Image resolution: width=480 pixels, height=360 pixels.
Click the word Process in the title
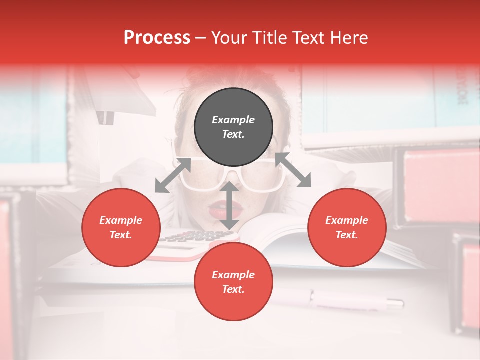[x=157, y=38]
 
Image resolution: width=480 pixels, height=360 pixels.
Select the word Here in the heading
[x=348, y=38]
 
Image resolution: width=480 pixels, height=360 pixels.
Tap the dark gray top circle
[x=233, y=127]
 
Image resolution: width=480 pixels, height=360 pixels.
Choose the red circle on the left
[x=121, y=228]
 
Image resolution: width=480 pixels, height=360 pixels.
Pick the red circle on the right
[x=347, y=228]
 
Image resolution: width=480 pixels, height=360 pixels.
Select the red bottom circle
[x=233, y=282]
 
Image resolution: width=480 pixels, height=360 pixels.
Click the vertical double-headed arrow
[x=229, y=205]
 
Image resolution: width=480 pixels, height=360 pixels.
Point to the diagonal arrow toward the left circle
[x=173, y=175]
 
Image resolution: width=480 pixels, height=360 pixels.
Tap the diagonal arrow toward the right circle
[x=293, y=170]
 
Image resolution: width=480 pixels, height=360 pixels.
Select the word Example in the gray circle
[x=233, y=120]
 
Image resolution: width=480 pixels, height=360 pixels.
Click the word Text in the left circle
[x=120, y=235]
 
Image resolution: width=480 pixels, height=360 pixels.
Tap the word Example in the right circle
[x=347, y=220]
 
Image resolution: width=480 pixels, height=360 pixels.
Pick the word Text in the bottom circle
[x=233, y=290]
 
